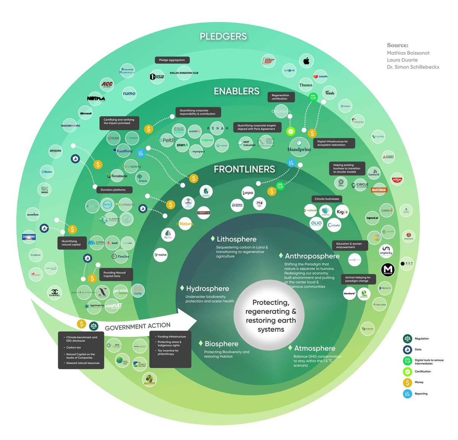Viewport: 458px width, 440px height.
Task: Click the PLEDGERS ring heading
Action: click(x=223, y=36)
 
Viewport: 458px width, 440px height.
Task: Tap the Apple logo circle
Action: click(x=306, y=61)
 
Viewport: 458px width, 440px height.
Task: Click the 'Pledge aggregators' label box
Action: click(x=172, y=60)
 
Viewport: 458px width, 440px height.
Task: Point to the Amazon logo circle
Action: click(x=55, y=151)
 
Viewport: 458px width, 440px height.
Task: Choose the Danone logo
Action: click(x=29, y=237)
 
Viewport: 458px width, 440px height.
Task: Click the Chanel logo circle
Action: click(x=55, y=293)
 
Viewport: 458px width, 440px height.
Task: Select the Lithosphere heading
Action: click(x=236, y=239)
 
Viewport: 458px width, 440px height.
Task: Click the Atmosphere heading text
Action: click(x=314, y=348)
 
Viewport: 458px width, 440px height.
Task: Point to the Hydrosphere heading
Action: click(x=207, y=289)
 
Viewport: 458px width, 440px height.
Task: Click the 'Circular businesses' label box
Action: click(x=327, y=199)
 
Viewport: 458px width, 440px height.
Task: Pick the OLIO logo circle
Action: click(x=316, y=223)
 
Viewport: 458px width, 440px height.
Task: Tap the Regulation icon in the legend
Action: click(x=407, y=339)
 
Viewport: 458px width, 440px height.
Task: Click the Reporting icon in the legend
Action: click(x=407, y=393)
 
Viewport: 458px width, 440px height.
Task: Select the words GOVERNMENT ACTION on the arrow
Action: click(x=137, y=326)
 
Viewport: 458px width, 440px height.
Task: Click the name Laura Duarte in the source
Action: click(x=402, y=60)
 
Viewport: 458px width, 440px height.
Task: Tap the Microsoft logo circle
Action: click(x=86, y=113)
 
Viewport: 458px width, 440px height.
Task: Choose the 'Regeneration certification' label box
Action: click(x=281, y=97)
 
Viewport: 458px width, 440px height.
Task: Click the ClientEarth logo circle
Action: click(x=349, y=294)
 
